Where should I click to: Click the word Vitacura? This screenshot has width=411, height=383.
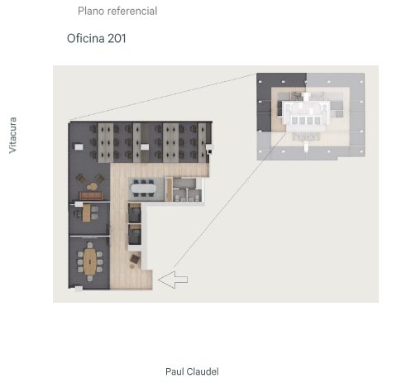click(12, 135)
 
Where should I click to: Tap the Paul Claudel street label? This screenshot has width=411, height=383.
click(192, 371)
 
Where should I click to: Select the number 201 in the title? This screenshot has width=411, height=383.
click(117, 38)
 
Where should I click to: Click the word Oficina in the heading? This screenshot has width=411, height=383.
click(86, 38)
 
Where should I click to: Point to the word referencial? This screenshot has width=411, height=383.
click(132, 11)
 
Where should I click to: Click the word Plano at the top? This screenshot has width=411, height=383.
click(91, 11)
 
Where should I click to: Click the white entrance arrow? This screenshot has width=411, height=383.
click(173, 280)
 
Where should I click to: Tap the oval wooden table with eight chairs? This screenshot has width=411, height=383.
click(90, 261)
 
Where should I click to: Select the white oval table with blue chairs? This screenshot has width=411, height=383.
click(143, 189)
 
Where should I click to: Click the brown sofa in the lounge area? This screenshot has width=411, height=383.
click(91, 196)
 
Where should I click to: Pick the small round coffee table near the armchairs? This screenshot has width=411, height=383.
click(92, 187)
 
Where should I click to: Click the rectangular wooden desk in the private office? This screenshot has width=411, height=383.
click(86, 213)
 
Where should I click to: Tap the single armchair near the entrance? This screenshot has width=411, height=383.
click(135, 259)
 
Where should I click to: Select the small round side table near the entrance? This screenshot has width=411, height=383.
click(132, 266)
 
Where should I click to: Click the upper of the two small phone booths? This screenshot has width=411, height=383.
click(135, 213)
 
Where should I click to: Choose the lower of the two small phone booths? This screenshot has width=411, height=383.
click(135, 234)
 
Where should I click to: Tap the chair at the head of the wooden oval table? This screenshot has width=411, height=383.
click(90, 245)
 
